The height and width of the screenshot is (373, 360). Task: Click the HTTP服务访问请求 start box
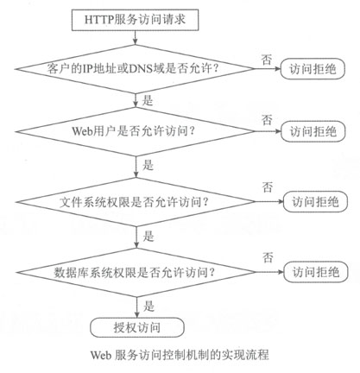pos(135,20)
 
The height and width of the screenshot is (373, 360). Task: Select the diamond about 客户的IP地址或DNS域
pos(135,69)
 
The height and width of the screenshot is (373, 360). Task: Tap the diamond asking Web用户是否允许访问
pos(135,131)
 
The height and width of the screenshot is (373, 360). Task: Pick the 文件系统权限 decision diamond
pos(136,202)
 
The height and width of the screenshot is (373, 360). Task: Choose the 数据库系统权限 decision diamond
pos(136,272)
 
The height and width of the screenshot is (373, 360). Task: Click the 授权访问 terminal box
pos(137,327)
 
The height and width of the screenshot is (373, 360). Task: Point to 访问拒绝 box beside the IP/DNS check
pos(313,69)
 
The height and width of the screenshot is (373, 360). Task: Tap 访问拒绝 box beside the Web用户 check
pos(313,131)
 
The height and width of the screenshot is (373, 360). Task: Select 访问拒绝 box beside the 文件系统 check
pos(315,202)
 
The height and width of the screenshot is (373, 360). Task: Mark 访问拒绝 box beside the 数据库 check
pos(316,272)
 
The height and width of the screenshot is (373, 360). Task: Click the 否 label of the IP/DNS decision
pos(266,60)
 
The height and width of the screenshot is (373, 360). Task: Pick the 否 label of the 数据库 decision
pos(268,257)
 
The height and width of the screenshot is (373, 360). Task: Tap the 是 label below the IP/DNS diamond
pos(148,100)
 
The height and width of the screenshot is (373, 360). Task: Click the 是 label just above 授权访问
pos(148,307)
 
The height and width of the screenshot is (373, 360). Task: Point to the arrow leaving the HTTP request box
pos(135,37)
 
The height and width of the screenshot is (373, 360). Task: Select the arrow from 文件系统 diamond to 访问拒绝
pos(269,202)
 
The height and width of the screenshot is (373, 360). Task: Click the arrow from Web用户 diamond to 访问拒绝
pos(268,131)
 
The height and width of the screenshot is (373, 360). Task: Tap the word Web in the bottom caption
pos(101,355)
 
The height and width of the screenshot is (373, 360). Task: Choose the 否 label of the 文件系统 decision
pos(267,187)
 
